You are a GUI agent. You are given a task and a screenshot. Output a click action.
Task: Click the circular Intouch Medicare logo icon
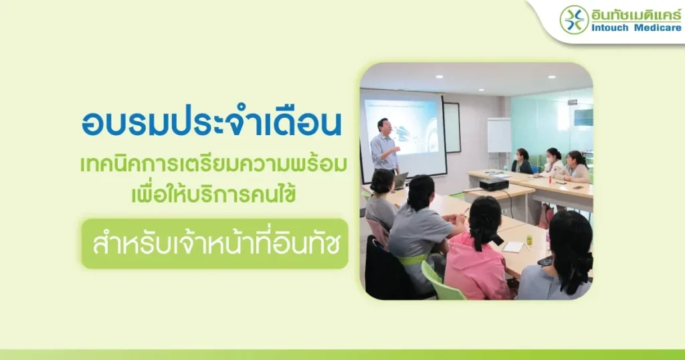(x=574, y=19)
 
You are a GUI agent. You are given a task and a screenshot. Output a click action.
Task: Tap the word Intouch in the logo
(x=610, y=28)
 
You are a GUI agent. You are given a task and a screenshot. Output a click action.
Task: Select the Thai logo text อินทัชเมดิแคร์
(x=636, y=14)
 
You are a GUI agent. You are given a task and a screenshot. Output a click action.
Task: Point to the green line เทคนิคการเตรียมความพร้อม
(x=213, y=165)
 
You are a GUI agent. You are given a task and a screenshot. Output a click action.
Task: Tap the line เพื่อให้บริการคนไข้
(x=213, y=193)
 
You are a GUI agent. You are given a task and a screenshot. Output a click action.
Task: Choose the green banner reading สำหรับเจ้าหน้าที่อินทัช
(x=215, y=244)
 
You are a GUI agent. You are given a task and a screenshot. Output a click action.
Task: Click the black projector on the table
(x=494, y=184)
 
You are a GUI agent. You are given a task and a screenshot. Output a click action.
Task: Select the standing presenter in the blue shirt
(x=385, y=147)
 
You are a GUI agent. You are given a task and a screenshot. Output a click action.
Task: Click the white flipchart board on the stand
(x=499, y=135)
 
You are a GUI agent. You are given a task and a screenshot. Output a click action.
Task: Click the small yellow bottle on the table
(x=529, y=240)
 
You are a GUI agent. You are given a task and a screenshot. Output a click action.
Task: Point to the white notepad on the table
(x=513, y=247)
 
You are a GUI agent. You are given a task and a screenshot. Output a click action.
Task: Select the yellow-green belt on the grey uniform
(x=412, y=260)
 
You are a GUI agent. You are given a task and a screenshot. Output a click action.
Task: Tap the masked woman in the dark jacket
(x=522, y=161)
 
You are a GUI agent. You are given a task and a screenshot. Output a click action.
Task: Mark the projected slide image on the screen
(x=401, y=126)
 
